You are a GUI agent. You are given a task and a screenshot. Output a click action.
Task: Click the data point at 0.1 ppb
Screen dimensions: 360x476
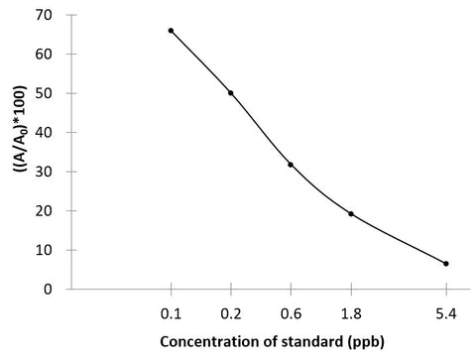coord(171,31)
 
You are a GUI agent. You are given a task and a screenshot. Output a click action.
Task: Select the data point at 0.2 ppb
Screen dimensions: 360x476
coord(231,93)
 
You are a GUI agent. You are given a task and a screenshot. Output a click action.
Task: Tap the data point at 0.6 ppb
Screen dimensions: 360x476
coord(291,165)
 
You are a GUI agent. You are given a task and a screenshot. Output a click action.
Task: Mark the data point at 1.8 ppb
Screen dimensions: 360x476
coord(351,214)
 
